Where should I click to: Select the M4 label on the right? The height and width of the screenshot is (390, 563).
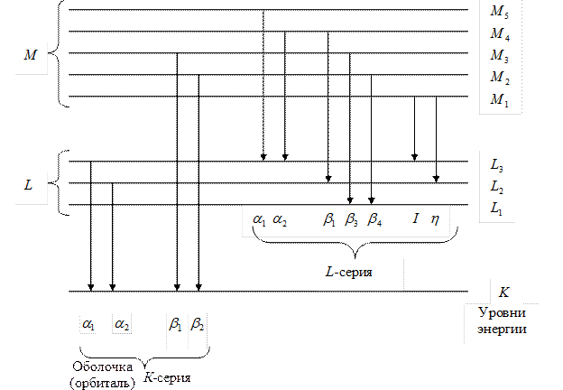[x=500, y=34]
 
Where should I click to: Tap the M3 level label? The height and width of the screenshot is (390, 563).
[x=500, y=57]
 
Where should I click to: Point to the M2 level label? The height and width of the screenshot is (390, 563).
[x=500, y=79]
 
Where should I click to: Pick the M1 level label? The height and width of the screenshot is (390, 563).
[x=500, y=101]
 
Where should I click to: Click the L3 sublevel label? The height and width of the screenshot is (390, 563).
[x=497, y=165]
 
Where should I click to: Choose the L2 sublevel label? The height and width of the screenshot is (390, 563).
[x=497, y=187]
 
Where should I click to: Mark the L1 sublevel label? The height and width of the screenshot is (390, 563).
[x=497, y=209]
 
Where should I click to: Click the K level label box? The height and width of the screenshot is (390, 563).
[x=504, y=292]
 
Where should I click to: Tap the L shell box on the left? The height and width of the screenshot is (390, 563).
[x=31, y=185]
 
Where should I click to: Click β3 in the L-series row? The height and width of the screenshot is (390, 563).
[x=352, y=219]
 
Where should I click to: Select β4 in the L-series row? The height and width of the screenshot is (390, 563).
[x=374, y=219]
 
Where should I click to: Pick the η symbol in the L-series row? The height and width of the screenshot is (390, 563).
[x=435, y=219]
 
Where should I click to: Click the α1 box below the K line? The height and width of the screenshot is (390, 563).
[x=88, y=322]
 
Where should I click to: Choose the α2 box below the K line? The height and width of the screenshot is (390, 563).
[x=121, y=322]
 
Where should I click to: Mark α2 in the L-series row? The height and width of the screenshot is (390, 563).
[x=281, y=219]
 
